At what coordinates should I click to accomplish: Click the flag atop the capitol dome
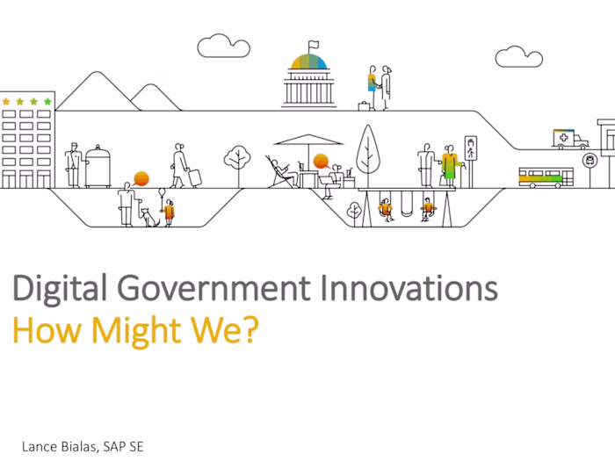(x=313, y=45)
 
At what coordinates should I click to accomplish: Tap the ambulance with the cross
(x=570, y=140)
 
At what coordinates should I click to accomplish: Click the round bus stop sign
(x=589, y=160)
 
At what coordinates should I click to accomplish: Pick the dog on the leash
(x=148, y=216)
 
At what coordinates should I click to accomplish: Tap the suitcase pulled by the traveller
(x=195, y=177)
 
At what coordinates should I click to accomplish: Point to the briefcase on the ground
(x=364, y=106)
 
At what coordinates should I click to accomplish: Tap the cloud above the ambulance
(x=518, y=57)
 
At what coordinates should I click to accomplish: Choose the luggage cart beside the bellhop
(x=98, y=167)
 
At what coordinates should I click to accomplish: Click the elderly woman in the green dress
(x=450, y=164)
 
